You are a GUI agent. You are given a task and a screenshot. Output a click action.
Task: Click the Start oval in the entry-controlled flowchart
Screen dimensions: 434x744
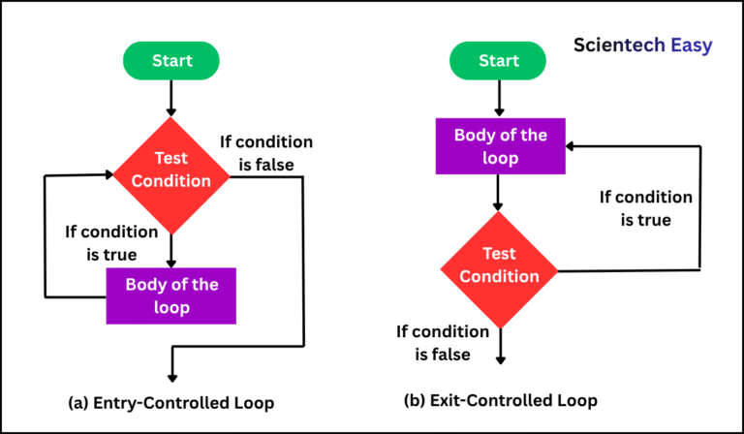pos(171,60)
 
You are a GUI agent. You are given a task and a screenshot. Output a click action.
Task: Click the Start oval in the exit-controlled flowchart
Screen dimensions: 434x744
pos(499,60)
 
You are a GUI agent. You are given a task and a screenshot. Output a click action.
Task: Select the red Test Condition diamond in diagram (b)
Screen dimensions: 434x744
pos(499,265)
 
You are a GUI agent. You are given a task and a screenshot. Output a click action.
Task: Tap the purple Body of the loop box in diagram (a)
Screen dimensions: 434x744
pos(171,296)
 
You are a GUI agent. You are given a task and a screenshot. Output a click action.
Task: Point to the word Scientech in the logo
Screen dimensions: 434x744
pos(613,45)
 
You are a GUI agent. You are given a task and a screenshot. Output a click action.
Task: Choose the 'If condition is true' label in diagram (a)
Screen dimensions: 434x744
pos(111,243)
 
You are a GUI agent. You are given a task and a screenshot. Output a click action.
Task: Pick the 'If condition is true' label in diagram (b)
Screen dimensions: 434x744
pos(646,208)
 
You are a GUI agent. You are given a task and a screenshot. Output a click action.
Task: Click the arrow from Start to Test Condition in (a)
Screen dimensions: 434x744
pos(171,99)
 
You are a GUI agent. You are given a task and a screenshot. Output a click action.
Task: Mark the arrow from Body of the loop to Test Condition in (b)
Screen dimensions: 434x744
pos(499,194)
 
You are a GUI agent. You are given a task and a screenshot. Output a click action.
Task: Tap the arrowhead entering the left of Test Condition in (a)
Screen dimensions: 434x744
pos(108,175)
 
